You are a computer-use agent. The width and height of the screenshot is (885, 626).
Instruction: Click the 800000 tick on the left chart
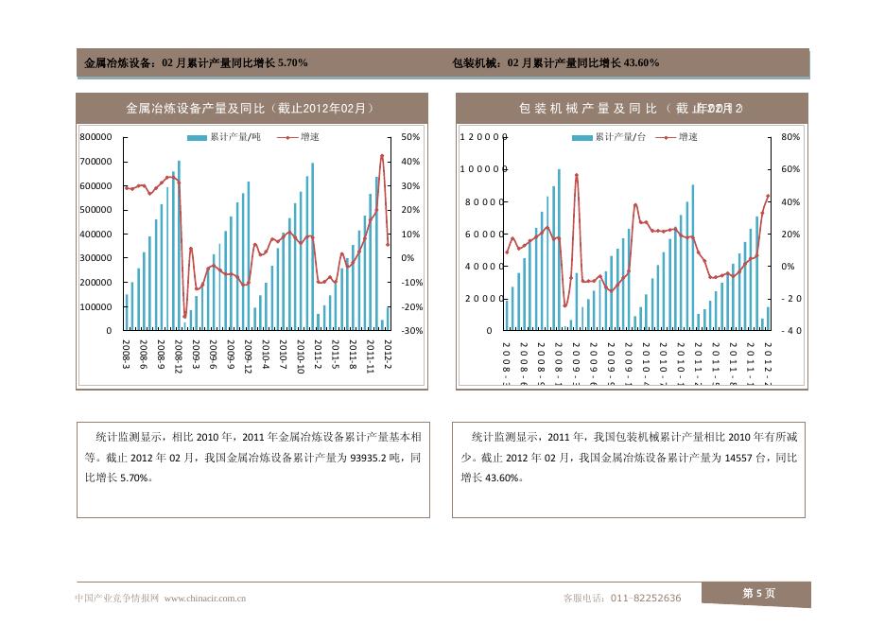[97, 137]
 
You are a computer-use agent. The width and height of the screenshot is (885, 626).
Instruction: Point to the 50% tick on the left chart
[409, 137]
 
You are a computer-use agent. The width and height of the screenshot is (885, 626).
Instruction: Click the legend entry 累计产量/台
[609, 137]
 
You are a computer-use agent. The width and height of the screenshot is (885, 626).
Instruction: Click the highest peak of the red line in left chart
[382, 156]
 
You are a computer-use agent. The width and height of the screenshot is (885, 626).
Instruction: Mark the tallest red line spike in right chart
[576, 175]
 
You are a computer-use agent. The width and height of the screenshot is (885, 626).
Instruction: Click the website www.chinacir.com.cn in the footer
[206, 598]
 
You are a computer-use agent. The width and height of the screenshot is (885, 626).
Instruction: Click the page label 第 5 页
[758, 593]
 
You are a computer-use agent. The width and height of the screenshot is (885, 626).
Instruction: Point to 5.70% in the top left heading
[289, 63]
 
